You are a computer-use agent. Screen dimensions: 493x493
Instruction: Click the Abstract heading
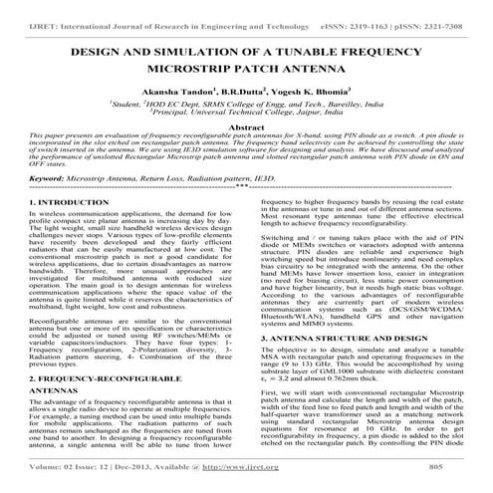[246, 127]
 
